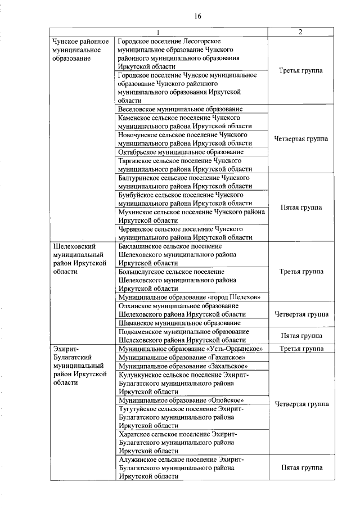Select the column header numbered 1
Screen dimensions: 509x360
158,31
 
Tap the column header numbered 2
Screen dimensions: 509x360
301,31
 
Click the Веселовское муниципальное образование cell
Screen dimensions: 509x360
181,109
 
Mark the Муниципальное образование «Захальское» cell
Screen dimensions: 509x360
183,366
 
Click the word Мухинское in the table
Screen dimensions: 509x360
136,212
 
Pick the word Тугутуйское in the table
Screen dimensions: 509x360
139,409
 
